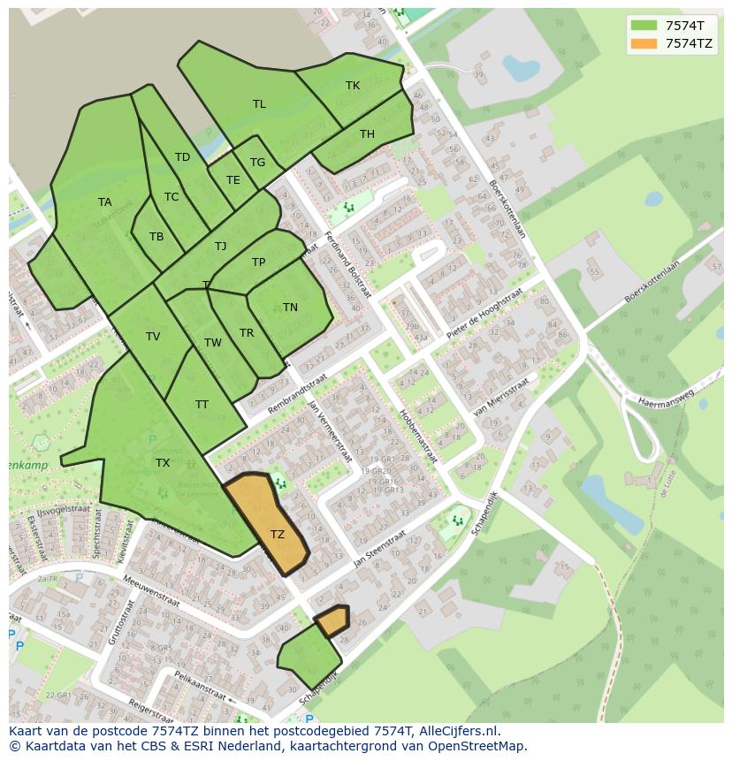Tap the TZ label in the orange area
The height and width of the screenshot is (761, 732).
tap(278, 534)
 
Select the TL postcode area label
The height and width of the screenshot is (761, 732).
tap(259, 104)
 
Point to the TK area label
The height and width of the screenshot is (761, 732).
tap(353, 86)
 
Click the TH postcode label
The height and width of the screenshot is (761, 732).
tap(367, 134)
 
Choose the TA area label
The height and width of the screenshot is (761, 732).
tap(105, 202)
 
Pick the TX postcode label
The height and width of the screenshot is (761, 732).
tap(163, 462)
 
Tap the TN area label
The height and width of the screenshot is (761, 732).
tap(290, 308)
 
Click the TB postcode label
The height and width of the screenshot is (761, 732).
tap(156, 237)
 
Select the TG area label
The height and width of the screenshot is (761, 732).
tap(257, 163)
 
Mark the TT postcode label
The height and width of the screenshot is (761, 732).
tap(202, 405)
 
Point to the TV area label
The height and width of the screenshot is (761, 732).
tap(153, 337)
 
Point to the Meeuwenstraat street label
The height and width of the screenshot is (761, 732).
tap(152, 589)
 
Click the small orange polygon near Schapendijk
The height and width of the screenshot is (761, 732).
tap(332, 621)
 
